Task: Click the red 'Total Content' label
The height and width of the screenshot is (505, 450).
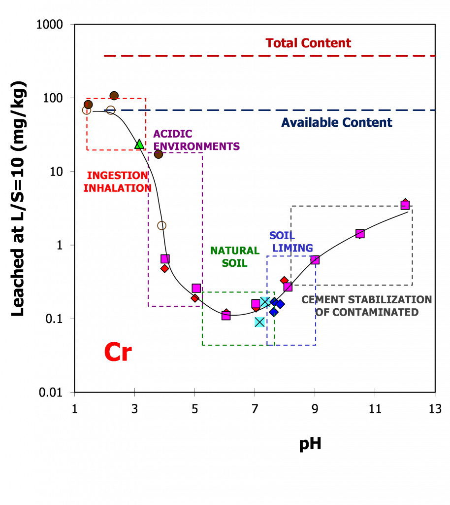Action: pos(308,43)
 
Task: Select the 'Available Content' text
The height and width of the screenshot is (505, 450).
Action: pos(337,123)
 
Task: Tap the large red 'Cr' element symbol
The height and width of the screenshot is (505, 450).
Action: pos(118,352)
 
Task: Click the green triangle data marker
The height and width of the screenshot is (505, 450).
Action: pos(139,144)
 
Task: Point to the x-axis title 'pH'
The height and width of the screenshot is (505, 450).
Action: pos(310,444)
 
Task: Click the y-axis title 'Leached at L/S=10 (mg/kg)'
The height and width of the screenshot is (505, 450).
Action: pos(18,199)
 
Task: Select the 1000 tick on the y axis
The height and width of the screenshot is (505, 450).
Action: pos(50,25)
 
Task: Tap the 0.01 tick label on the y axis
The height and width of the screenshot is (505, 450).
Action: pos(50,393)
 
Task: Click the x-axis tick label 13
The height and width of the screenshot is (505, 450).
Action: pos(435,409)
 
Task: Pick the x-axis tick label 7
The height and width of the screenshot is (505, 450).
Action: pos(255,409)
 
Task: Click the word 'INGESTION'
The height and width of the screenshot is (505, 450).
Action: pos(117,176)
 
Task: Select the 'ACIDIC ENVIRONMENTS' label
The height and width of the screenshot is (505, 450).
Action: pos(196,140)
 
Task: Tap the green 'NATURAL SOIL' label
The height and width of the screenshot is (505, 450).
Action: pos(235,257)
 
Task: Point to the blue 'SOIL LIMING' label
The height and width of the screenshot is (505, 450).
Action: pos(291,242)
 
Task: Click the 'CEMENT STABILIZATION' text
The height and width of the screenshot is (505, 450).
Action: pos(366,300)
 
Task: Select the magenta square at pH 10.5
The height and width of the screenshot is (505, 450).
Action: pos(360,233)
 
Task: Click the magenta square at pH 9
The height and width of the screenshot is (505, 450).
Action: pos(315,260)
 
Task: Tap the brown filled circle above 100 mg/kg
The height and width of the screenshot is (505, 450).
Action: pos(114,96)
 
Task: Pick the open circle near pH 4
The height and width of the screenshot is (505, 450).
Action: pos(161,225)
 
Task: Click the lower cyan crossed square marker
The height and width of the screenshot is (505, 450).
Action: pos(260,322)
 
